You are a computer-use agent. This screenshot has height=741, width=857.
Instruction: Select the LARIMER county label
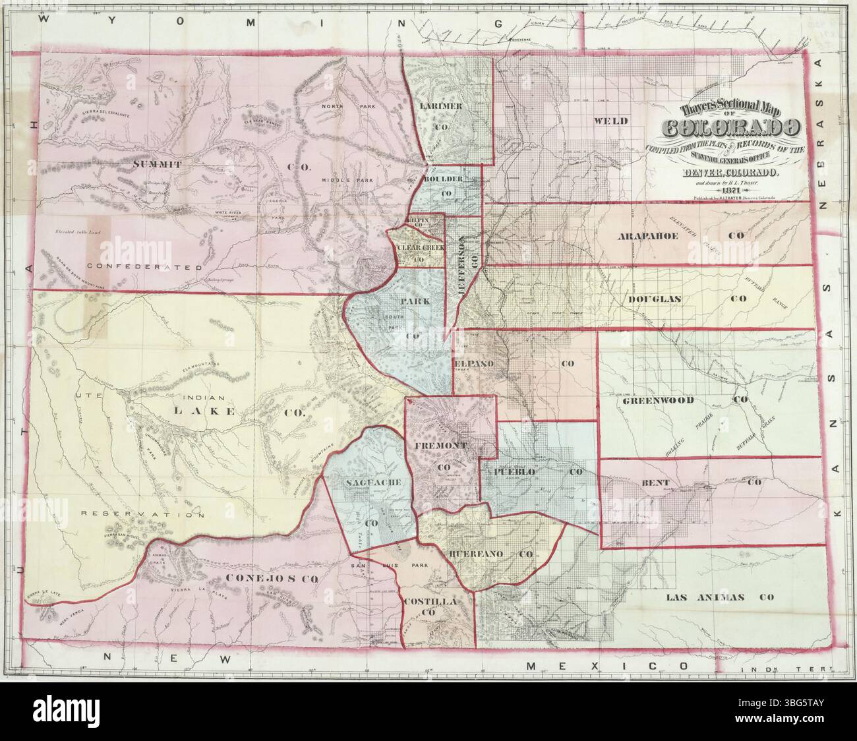447,106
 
